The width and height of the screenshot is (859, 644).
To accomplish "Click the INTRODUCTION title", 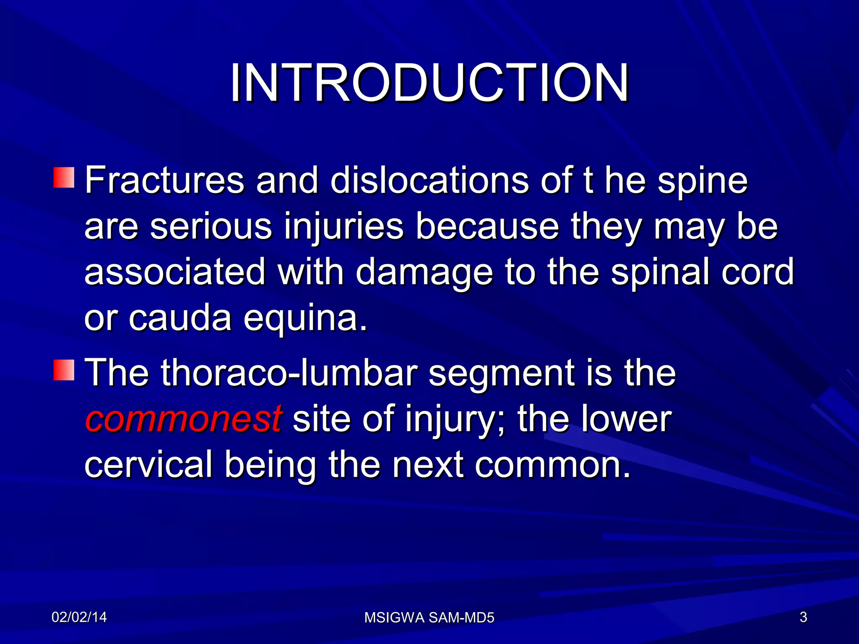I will tap(429, 83).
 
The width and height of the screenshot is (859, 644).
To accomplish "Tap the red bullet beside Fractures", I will tap(64, 178).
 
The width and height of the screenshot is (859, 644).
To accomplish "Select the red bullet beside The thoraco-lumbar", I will tap(64, 370).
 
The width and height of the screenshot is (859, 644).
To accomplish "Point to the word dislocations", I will tap(429, 181).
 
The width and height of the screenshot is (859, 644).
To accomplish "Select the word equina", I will tap(305, 319).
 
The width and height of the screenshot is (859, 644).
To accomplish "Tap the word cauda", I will tap(180, 319).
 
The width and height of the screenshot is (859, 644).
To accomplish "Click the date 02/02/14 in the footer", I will tap(79, 617).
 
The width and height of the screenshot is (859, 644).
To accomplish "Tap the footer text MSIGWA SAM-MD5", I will tap(429, 618).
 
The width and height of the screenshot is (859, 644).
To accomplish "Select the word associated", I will tap(175, 273).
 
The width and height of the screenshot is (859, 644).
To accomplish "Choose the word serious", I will tap(211, 227).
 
